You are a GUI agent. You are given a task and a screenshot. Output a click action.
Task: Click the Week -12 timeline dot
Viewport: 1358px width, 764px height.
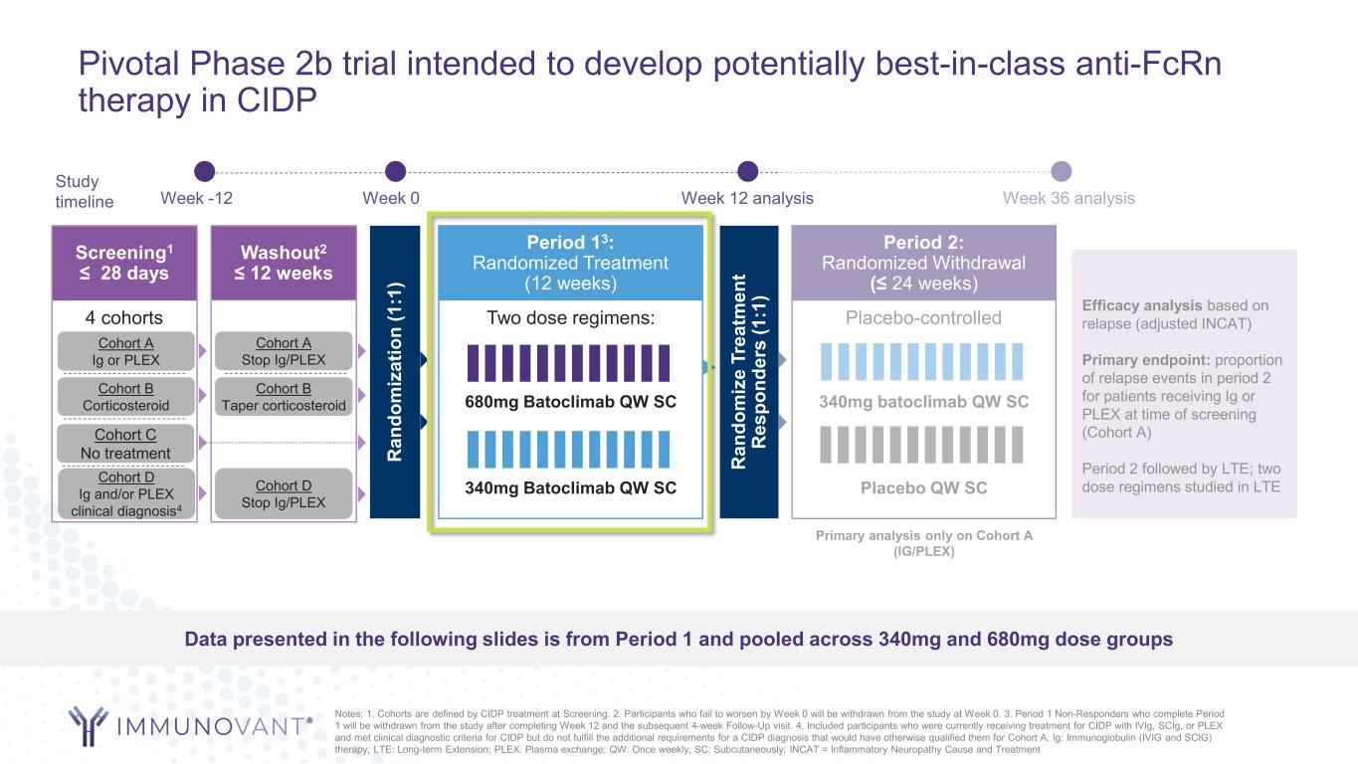(x=205, y=171)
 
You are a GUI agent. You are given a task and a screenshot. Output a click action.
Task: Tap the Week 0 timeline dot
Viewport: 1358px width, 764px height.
(x=395, y=171)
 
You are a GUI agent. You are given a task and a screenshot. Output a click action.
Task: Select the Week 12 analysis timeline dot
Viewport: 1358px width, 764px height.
(x=747, y=171)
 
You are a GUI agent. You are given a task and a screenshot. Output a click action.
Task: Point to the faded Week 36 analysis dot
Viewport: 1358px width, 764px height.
(x=1061, y=171)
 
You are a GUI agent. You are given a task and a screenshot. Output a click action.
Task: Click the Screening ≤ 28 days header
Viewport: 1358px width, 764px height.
(x=124, y=263)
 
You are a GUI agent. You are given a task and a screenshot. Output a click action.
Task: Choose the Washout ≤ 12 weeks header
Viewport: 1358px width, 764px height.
(x=284, y=263)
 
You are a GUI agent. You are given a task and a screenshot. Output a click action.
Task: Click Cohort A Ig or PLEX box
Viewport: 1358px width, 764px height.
(x=126, y=351)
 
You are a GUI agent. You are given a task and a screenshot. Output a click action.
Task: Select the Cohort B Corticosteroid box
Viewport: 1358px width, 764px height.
(x=126, y=397)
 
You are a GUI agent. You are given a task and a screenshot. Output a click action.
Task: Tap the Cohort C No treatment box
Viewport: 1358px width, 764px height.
(x=126, y=444)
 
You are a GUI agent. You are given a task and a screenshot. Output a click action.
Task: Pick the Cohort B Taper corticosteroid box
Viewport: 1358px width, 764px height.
(x=284, y=397)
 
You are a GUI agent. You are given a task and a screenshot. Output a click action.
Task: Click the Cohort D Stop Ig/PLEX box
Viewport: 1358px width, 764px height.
(x=284, y=493)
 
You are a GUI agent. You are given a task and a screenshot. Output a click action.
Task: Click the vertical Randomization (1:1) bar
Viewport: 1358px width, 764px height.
(x=395, y=372)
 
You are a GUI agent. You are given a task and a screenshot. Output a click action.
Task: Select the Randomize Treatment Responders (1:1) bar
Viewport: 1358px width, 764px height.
(x=749, y=372)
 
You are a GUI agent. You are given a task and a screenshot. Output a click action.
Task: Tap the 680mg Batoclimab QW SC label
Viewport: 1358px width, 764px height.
(x=570, y=402)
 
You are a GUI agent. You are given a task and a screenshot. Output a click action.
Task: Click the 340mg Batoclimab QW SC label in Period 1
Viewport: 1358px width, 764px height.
(x=570, y=487)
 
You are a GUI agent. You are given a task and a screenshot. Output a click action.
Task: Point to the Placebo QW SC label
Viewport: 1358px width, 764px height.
(x=923, y=487)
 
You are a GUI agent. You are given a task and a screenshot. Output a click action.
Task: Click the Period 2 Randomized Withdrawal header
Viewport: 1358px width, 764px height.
(x=923, y=263)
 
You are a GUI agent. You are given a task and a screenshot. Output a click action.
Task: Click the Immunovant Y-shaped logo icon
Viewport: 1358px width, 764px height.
(x=89, y=725)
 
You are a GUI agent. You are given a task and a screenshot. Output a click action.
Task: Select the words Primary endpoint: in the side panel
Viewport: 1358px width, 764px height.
(x=1146, y=359)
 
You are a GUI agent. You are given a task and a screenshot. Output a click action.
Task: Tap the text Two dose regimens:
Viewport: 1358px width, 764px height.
(x=570, y=317)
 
